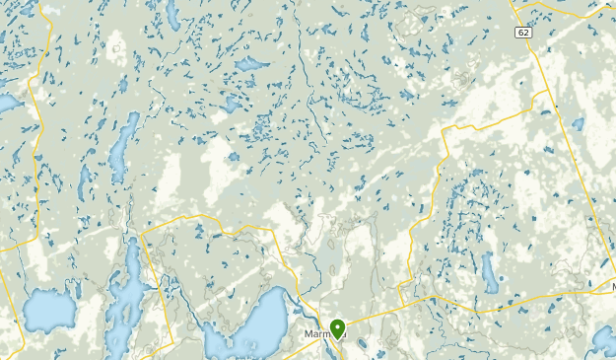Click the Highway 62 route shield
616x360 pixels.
(520, 33)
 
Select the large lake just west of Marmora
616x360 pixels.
(258, 322)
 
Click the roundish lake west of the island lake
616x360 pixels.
(47, 310)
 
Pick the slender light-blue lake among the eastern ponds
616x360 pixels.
(489, 272)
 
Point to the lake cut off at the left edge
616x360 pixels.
(8, 103)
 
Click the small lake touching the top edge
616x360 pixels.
(171, 12)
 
